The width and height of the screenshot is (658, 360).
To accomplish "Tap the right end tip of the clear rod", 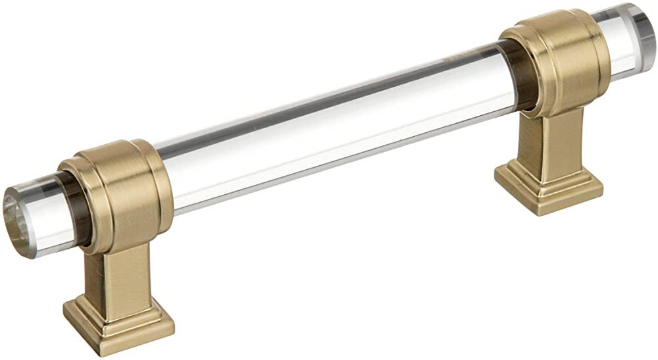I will tap(644, 41).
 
